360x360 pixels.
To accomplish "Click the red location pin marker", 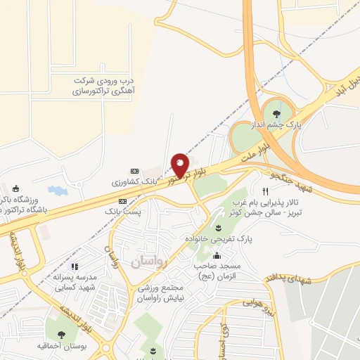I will (x=181, y=165).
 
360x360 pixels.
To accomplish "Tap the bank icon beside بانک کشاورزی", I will (x=134, y=171).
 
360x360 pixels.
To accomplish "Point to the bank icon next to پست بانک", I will (x=123, y=201).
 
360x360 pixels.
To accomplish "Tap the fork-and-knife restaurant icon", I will (x=265, y=191).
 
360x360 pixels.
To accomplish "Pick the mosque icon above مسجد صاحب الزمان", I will (x=217, y=255).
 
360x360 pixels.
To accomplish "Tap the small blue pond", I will (x=54, y=190).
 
